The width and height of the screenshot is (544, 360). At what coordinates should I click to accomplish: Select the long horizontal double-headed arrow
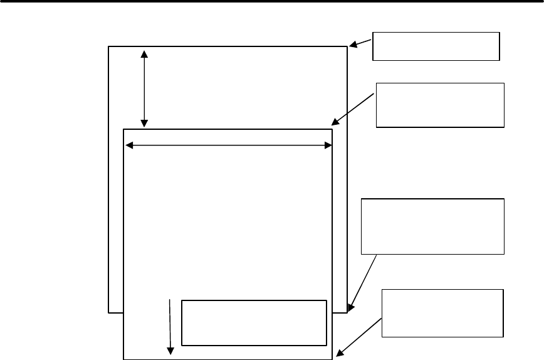coord(229,146)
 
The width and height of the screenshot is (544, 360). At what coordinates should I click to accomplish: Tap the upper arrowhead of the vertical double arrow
coord(145,53)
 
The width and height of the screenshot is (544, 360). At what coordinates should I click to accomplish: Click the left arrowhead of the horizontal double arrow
coord(130,146)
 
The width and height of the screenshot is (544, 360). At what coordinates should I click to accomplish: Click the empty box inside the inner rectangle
coord(254,322)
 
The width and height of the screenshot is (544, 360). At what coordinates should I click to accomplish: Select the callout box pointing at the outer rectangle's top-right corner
coord(436,45)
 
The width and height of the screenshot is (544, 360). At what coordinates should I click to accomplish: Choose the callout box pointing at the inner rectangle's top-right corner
coord(440,105)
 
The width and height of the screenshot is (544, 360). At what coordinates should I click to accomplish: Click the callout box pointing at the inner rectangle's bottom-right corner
coord(442,313)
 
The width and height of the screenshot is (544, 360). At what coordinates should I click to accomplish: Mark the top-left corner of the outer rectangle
coord(109,46)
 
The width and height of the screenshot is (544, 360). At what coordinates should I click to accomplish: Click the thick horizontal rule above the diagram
coord(272,1)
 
